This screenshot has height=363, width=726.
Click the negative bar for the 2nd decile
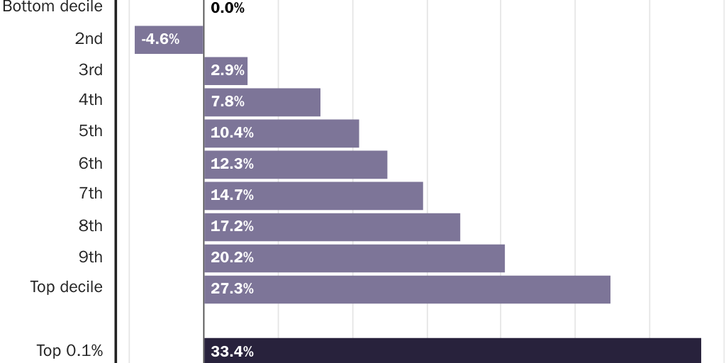tap(169, 40)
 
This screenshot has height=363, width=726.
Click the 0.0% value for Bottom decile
tap(228, 9)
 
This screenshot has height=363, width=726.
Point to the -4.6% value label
tap(160, 40)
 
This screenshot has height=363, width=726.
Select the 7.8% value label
tap(228, 102)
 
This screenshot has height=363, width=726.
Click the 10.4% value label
tap(232, 133)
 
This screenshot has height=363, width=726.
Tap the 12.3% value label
tap(232, 164)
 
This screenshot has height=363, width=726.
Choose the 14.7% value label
tap(232, 196)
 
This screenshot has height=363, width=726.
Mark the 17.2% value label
tap(232, 227)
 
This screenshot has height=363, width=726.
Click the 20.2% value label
tap(232, 258)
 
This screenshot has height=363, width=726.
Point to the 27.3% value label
tap(232, 289)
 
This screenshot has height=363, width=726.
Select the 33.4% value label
tap(232, 352)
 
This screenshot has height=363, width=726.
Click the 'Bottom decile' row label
tap(52, 7)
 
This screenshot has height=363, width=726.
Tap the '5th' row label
tap(91, 131)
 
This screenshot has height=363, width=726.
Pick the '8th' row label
tap(91, 226)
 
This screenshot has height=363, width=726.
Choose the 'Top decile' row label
tap(66, 287)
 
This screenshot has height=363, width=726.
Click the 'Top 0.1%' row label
tap(69, 350)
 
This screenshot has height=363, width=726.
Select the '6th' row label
tap(91, 164)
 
